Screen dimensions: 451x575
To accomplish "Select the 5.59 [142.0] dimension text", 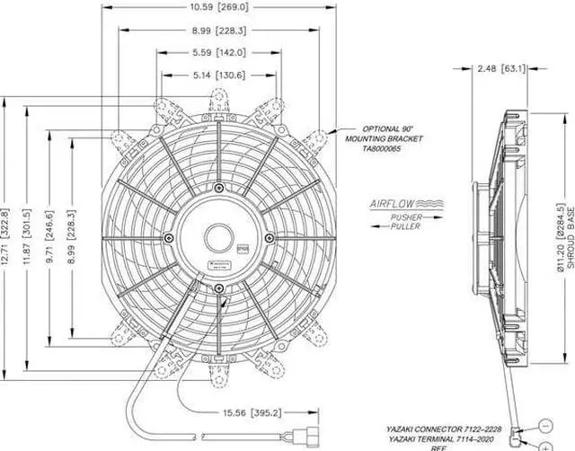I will tap(218, 53).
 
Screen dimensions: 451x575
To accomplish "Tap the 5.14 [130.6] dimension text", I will tap(218, 75).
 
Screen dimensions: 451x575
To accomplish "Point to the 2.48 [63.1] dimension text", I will tap(500, 67).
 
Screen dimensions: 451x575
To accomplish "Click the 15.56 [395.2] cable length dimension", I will tap(244, 412).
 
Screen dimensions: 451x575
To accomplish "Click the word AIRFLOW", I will tap(388, 205).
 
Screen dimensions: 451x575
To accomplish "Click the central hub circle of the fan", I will tap(219, 237).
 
